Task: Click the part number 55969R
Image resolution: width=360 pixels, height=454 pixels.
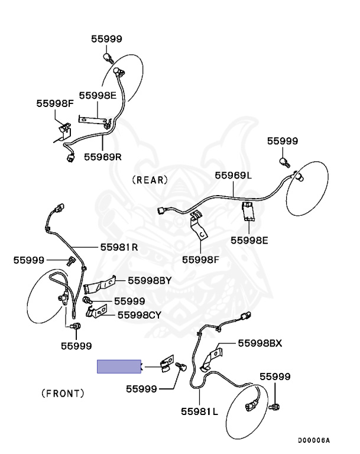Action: (103, 157)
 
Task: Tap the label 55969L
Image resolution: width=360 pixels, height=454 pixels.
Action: (233, 175)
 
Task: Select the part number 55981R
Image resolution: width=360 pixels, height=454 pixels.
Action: (119, 247)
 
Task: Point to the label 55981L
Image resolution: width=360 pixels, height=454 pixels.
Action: (199, 411)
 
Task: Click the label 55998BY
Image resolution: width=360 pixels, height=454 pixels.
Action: (150, 280)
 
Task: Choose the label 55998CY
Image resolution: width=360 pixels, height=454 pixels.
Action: (140, 314)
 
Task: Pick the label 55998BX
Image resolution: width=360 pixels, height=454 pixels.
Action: (260, 343)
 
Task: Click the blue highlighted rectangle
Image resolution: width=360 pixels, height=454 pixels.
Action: (119, 367)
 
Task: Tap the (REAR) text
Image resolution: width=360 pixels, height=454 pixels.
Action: (150, 180)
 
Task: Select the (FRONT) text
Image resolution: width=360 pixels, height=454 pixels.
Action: (63, 393)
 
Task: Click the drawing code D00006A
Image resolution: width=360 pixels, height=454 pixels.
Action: (314, 440)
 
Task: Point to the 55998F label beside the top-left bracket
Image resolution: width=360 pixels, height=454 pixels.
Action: (55, 103)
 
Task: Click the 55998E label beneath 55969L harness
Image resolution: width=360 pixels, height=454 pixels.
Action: (249, 241)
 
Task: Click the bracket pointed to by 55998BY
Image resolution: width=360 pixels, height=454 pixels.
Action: (100, 285)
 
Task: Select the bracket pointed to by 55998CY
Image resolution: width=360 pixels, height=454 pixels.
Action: (96, 311)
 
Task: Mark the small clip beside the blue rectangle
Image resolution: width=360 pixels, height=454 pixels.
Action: (167, 364)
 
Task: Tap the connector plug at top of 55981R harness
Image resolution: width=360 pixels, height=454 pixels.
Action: (59, 208)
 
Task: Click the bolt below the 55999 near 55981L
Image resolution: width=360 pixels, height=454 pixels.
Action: (274, 407)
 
